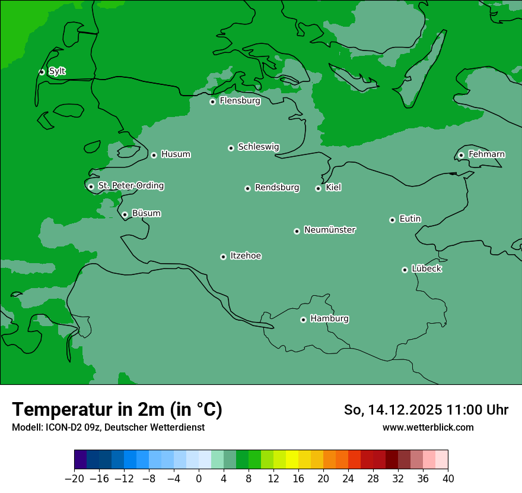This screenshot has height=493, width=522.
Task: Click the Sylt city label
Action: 57,71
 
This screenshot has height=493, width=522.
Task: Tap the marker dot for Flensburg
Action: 212,102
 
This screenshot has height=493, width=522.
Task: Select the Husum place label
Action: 176,154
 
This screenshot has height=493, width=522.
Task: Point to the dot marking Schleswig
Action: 231,148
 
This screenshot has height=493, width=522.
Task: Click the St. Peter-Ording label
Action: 130,186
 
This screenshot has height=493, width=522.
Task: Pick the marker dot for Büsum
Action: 125,215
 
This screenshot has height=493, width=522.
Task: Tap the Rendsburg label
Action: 277,188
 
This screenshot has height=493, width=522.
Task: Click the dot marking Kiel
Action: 318,188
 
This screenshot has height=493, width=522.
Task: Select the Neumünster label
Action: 330,230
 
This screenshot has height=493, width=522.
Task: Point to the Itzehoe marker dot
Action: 223,257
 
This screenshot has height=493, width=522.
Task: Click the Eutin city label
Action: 410,219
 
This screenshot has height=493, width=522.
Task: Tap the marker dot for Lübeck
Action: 405,270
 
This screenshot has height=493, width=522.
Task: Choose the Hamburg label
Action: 329,319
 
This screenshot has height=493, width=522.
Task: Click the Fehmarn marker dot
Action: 461,155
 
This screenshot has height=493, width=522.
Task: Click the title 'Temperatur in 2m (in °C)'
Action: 117,409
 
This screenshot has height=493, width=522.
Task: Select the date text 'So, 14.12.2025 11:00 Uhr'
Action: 426,410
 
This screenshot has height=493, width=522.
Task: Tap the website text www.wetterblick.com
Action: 428,427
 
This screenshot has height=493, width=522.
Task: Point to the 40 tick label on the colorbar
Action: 448,479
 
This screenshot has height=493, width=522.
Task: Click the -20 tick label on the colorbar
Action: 74,479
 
